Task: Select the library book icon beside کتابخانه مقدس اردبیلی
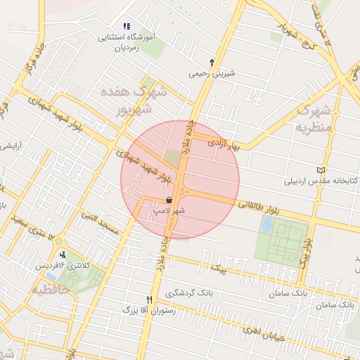click(x=321, y=170)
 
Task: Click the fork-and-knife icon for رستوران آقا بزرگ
click(x=148, y=299)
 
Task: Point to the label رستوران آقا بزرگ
click(x=127, y=309)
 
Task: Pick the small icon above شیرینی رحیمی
click(x=212, y=62)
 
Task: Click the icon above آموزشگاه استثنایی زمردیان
click(x=127, y=26)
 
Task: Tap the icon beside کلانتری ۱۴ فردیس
click(x=63, y=255)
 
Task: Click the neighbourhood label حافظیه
click(x=45, y=288)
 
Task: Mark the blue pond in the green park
click(x=267, y=225)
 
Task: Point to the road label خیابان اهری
click(x=262, y=333)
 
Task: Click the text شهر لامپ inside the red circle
click(x=170, y=210)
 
